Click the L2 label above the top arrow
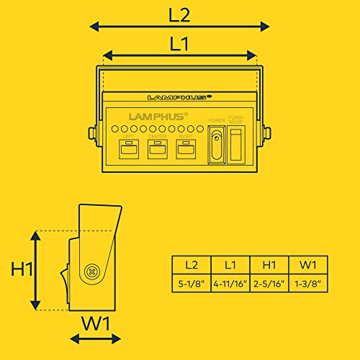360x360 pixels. point(179,16)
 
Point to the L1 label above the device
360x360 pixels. point(179,44)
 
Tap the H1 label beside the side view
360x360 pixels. point(22,269)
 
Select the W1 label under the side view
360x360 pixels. point(96,323)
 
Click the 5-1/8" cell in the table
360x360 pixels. point(192,284)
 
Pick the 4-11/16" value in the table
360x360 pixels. point(230,284)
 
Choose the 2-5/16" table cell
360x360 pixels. point(269,284)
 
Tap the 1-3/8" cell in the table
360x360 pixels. point(308,284)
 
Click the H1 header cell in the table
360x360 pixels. point(269,265)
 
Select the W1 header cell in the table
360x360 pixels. point(308,265)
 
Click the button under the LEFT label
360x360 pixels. point(129,149)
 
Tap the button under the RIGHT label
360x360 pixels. point(186,149)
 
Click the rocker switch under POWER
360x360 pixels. point(217,145)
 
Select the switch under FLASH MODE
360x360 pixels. point(236,145)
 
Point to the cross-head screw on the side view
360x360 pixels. point(91,272)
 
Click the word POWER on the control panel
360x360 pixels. point(217,120)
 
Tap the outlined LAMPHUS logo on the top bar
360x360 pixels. point(179,97)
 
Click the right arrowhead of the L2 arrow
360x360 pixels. point(265,27)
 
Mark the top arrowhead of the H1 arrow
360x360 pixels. point(36,235)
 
